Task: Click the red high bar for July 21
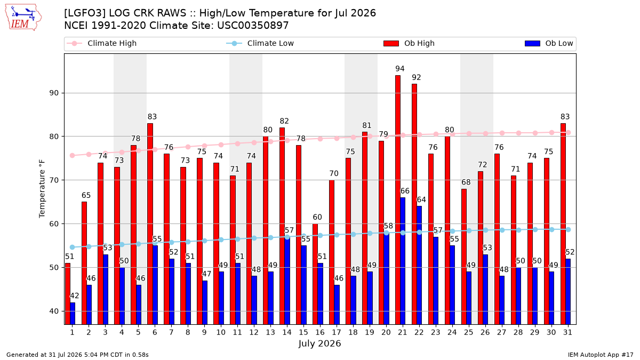398,199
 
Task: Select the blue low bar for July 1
73,314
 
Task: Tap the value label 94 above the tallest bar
400,69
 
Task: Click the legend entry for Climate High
102,43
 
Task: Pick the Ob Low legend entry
549,43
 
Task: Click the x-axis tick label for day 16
320,332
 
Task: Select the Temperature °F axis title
42,189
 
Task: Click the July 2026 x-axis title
319,343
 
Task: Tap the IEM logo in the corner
23,18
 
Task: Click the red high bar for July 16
315,274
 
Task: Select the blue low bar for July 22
419,265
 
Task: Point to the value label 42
75,295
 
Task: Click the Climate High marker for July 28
518,133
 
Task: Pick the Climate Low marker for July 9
205,241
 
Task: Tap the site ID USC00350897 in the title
253,26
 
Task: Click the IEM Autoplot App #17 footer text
601,355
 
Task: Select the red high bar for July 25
463,257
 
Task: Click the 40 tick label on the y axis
54,311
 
